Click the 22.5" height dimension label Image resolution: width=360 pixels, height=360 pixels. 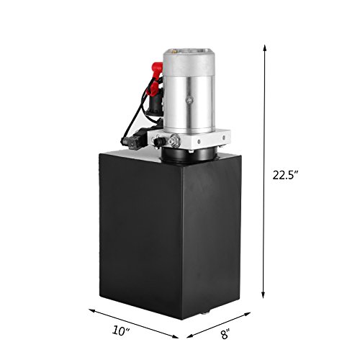coord(286,175)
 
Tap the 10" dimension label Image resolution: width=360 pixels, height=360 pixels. coord(121,330)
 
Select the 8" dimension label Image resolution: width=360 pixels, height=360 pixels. coord(225,334)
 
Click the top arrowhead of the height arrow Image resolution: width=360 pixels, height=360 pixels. coord(264,48)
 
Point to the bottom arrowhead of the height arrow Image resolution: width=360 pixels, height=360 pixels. coord(263,294)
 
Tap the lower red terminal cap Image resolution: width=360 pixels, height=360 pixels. coord(153,87)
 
